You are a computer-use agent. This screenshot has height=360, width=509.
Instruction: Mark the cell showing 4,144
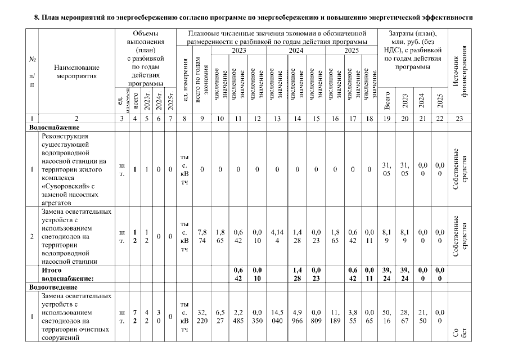point(276,237)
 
